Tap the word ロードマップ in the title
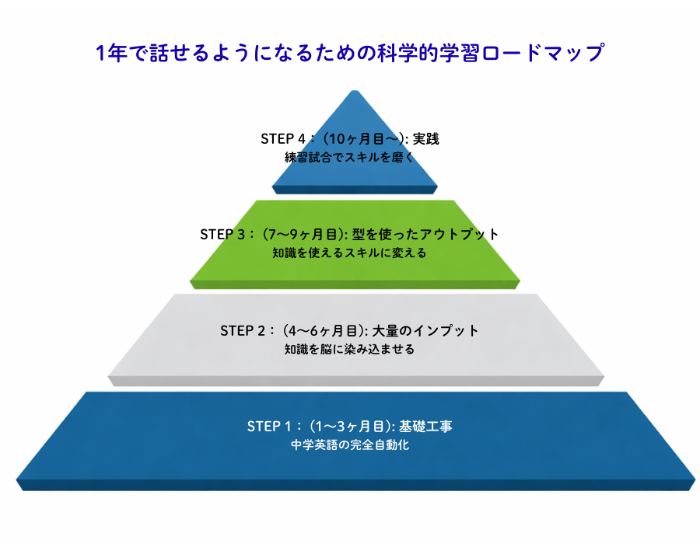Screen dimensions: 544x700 click(x=549, y=54)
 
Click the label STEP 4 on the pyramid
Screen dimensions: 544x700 click(x=283, y=139)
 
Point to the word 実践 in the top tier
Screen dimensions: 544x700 click(x=427, y=139)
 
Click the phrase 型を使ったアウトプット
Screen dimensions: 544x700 click(x=425, y=234)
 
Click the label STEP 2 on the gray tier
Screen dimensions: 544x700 click(x=243, y=330)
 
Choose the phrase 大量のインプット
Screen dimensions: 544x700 click(x=425, y=330)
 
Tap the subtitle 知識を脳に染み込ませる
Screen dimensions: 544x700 click(x=349, y=349)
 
